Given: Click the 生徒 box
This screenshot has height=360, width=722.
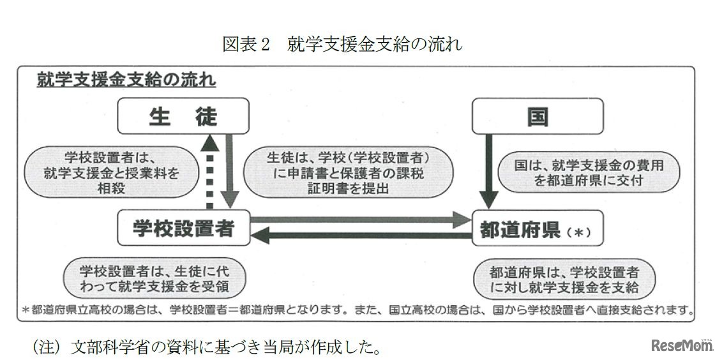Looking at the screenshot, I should (183, 116).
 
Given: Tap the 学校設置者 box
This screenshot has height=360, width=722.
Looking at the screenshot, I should (183, 228).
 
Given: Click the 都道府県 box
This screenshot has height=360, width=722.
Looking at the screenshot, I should (538, 229).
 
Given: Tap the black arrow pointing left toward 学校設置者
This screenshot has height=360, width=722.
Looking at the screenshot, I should (361, 236).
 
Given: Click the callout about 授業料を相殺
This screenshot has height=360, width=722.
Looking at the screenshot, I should (112, 172).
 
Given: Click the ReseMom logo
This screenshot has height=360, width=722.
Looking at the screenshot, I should (680, 345).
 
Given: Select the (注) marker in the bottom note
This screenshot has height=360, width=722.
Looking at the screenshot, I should (46, 348).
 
